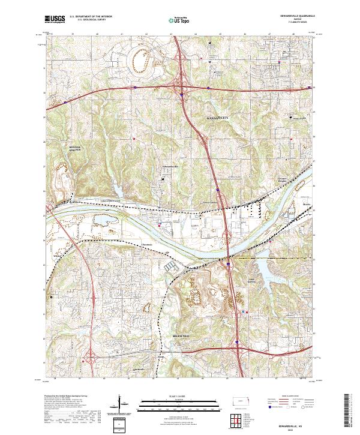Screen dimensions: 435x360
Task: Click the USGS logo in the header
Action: (55, 19)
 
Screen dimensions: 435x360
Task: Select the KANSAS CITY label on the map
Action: (218, 118)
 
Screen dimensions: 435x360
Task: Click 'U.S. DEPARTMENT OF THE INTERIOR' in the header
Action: (95, 16)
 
